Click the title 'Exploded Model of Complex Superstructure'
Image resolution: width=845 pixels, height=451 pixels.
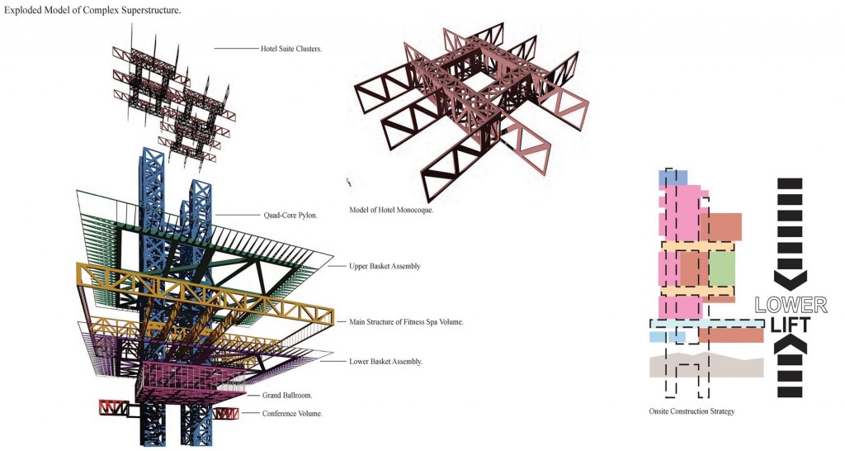92,10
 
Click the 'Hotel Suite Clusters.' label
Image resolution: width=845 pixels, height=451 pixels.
291,49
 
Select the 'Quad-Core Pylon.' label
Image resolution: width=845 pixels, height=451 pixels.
290,215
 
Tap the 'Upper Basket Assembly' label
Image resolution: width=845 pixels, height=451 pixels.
385,266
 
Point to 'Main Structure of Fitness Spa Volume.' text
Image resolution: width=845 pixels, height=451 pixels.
406,321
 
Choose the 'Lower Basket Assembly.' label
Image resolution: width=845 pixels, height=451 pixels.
386,362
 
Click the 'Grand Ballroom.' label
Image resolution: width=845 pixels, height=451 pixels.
287,395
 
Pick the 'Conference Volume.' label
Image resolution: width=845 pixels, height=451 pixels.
292,413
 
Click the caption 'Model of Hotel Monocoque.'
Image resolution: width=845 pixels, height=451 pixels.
391,209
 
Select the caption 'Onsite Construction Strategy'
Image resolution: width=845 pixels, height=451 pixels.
692,411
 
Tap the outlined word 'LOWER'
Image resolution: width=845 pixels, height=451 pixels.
791,305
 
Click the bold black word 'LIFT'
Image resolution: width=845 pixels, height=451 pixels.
791,325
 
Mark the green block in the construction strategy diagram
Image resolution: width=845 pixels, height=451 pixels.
722,268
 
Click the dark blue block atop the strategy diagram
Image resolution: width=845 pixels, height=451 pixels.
673,178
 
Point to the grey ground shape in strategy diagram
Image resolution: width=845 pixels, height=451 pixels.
706,365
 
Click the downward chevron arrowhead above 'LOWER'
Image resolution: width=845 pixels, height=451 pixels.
791,278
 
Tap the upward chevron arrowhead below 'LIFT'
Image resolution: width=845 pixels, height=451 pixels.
791,345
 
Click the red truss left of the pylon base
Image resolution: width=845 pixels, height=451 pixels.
112,407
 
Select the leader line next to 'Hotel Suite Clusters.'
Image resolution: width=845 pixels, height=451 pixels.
237,49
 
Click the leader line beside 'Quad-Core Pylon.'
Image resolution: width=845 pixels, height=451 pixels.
238,216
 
